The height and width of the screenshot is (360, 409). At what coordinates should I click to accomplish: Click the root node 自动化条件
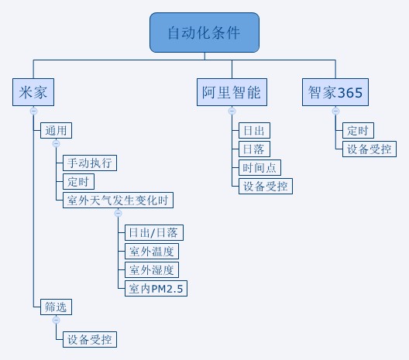click(204, 33)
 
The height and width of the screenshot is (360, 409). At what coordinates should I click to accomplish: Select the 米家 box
click(33, 92)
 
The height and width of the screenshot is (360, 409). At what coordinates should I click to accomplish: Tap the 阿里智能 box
click(232, 92)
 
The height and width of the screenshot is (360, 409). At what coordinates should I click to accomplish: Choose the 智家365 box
click(335, 92)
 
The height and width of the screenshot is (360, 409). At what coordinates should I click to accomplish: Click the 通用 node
click(56, 130)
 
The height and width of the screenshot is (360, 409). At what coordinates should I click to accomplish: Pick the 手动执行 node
click(90, 163)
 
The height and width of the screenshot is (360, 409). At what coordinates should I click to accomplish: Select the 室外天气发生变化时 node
click(118, 201)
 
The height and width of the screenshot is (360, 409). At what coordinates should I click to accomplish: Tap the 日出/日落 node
click(154, 232)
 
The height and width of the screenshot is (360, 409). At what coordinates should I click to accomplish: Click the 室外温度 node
click(152, 252)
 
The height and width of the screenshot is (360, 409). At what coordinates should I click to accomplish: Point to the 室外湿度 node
click(152, 269)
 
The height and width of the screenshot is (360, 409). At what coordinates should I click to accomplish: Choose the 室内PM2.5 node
click(156, 288)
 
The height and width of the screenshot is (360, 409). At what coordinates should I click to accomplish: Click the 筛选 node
click(56, 307)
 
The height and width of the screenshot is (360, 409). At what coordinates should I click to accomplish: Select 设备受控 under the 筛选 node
click(90, 339)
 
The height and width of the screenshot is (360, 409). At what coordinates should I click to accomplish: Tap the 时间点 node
click(259, 168)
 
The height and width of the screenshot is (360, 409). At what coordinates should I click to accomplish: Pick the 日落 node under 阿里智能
click(254, 149)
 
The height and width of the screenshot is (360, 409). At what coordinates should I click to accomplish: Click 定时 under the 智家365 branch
click(358, 130)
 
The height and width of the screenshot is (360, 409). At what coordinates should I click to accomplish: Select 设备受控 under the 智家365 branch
click(369, 149)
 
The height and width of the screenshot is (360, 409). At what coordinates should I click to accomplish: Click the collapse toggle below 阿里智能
click(232, 111)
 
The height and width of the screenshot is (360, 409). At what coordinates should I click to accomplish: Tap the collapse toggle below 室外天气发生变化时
click(119, 213)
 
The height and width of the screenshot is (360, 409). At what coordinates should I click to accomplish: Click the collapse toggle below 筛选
click(56, 320)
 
